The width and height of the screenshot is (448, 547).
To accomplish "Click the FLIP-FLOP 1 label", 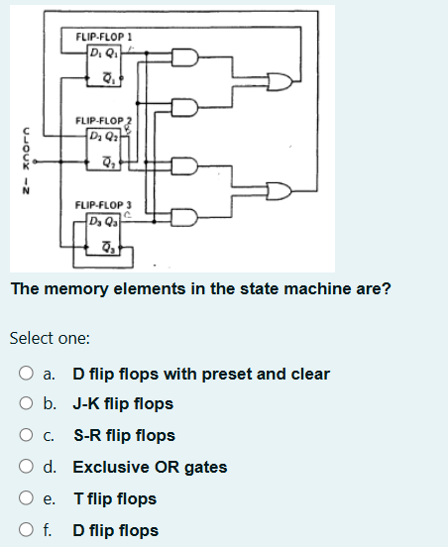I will point(104,36).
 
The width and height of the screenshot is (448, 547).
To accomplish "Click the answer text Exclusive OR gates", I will point(150,467).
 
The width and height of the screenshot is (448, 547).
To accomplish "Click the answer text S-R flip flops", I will point(124,435).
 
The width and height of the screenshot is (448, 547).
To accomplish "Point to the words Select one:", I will point(50,338).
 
